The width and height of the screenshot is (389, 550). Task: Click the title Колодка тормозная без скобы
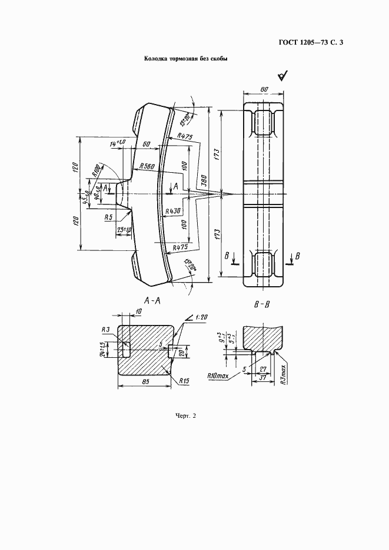(186, 59)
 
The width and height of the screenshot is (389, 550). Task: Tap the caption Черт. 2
(185, 416)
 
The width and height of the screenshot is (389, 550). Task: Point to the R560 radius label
(147, 167)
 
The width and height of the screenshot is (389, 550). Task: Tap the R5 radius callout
(108, 217)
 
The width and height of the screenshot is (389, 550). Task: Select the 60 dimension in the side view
(146, 144)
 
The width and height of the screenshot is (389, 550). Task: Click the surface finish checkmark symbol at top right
(282, 76)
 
